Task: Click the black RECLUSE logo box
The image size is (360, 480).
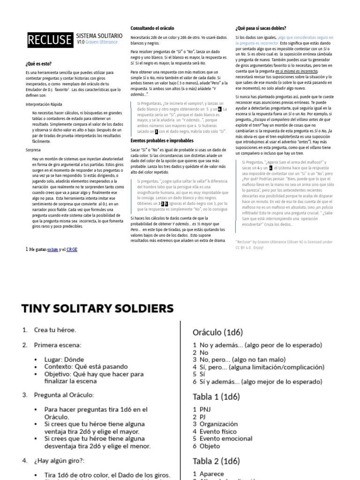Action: [x=49, y=41]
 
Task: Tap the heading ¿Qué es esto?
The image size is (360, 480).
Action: [x=38, y=63]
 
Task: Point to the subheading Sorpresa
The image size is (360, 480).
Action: [x=33, y=150]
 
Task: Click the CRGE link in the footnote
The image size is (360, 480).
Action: [x=72, y=249]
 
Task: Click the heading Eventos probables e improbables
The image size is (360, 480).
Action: [x=162, y=140]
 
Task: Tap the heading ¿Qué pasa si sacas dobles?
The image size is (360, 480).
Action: [x=261, y=28]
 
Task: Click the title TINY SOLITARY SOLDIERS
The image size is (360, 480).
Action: [x=97, y=308]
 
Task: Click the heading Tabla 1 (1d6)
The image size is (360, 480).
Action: [x=216, y=396]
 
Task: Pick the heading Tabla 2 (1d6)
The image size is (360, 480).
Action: [x=216, y=460]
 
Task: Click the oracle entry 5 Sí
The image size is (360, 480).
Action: [x=197, y=374]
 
